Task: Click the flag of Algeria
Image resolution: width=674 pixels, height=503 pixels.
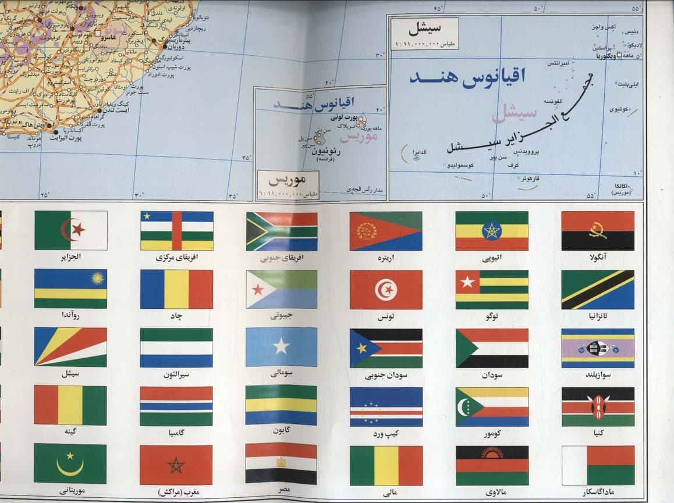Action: [x=70, y=230]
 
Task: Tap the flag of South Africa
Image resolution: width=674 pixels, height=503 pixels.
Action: [x=282, y=231]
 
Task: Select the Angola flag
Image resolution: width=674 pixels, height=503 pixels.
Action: [x=598, y=231]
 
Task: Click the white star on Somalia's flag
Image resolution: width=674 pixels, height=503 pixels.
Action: [x=282, y=347]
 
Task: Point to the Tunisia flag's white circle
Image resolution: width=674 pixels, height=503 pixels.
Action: [x=386, y=289]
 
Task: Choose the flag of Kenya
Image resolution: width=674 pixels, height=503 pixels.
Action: [x=598, y=406]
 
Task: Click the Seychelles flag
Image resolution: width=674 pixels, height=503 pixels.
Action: [x=70, y=347]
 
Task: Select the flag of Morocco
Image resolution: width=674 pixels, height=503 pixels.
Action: [x=176, y=465]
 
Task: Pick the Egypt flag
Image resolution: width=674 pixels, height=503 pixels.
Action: [x=282, y=463]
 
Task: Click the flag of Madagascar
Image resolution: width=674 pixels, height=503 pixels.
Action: [x=598, y=465]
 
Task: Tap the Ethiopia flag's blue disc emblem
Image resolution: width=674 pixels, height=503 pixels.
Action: [x=492, y=231]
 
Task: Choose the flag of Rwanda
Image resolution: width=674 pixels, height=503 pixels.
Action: [x=70, y=289]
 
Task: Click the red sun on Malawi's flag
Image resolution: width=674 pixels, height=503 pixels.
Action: [x=492, y=454]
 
